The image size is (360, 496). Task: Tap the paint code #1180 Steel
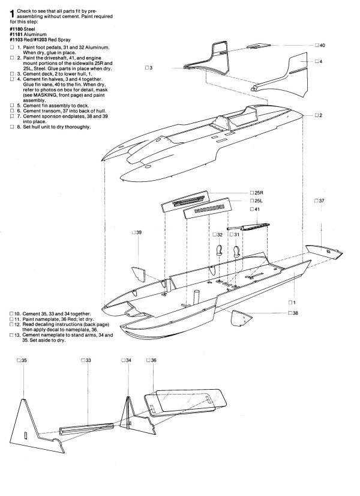(22, 29)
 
